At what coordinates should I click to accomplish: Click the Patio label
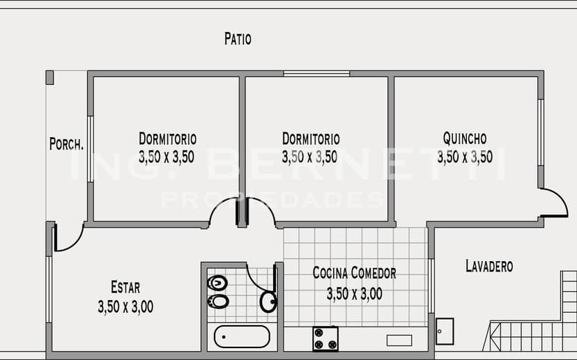click(x=238, y=38)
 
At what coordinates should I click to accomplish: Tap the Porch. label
click(x=66, y=143)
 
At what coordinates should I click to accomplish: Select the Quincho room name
click(x=465, y=139)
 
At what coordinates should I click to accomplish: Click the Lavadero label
click(x=489, y=266)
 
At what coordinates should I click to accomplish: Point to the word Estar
click(x=125, y=287)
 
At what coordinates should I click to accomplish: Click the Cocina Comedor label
click(x=355, y=273)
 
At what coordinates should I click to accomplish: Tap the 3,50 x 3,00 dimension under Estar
click(x=125, y=306)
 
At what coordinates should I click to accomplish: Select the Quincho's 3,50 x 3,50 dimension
click(x=465, y=157)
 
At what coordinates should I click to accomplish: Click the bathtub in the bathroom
click(x=242, y=336)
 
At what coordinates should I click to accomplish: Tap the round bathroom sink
click(x=268, y=302)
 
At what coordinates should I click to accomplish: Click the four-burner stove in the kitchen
click(x=325, y=338)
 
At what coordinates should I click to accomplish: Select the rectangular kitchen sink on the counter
click(x=399, y=341)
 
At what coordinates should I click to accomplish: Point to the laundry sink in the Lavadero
click(x=445, y=331)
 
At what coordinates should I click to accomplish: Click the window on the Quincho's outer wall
click(x=541, y=132)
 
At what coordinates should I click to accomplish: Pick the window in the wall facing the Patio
click(x=316, y=74)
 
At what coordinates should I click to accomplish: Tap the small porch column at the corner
click(x=49, y=77)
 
